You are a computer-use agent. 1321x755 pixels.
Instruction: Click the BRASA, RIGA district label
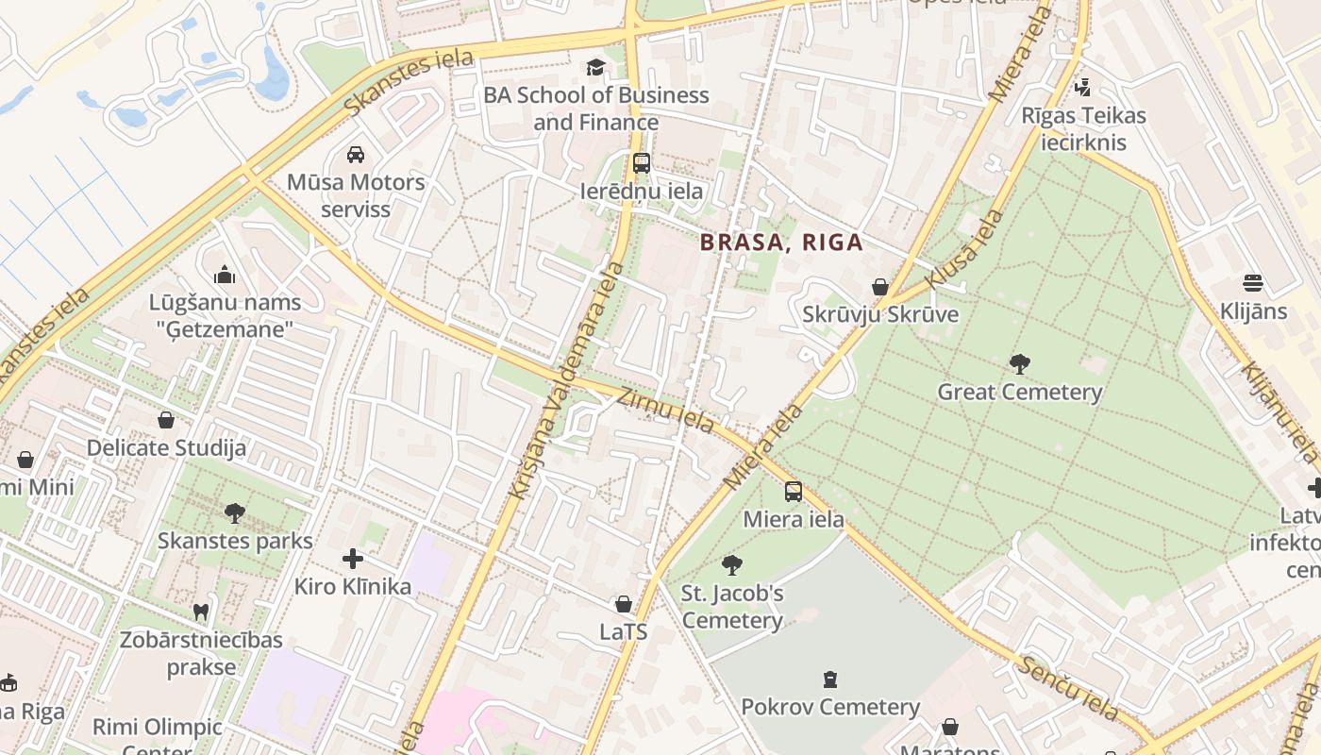(x=781, y=243)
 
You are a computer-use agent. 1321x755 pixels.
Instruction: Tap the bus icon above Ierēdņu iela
(x=642, y=162)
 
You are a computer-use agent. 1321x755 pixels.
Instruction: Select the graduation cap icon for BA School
(x=595, y=66)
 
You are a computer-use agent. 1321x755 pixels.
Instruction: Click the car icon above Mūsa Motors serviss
(x=356, y=154)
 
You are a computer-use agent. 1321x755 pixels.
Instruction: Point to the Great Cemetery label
(x=1019, y=392)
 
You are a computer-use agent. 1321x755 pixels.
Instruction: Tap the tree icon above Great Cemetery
(x=1019, y=363)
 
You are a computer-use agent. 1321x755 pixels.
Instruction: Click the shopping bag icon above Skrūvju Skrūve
(x=880, y=286)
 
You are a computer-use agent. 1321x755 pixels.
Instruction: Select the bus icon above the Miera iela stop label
(x=794, y=491)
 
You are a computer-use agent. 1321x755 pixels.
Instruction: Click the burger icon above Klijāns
(x=1253, y=282)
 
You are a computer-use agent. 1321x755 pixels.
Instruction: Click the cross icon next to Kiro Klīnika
(x=353, y=559)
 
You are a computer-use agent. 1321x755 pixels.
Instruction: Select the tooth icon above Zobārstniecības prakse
(x=200, y=612)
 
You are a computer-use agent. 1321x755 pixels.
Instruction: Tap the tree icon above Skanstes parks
(x=235, y=512)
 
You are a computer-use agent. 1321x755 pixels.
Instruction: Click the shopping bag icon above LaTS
(x=623, y=603)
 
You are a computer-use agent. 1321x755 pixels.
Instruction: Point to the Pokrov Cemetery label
(x=829, y=707)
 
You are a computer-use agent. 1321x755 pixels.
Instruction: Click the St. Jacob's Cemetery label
(x=732, y=607)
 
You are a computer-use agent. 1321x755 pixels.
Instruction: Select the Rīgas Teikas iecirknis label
(x=1083, y=129)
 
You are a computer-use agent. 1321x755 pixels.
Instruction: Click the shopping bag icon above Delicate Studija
(x=166, y=419)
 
